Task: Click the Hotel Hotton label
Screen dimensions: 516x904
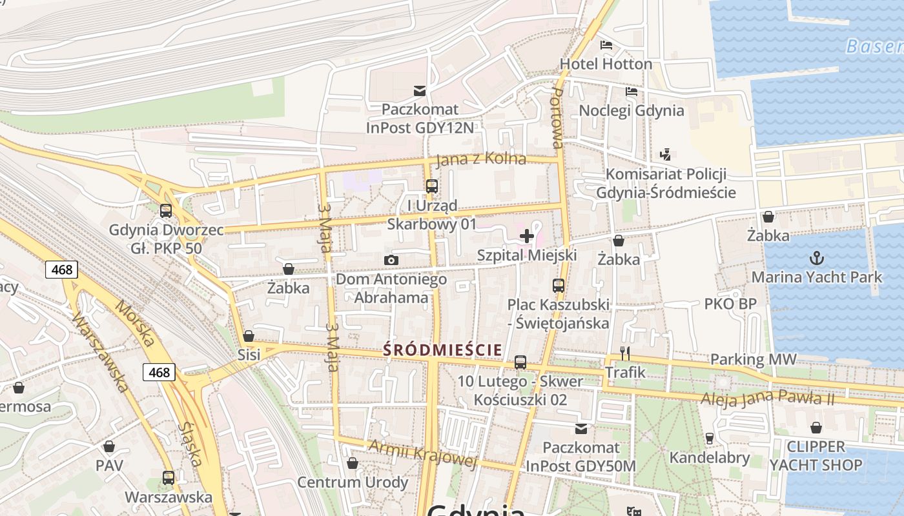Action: [606, 64]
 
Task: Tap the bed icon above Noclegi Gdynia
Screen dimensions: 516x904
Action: [632, 92]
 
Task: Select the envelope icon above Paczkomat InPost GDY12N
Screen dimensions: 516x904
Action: [420, 90]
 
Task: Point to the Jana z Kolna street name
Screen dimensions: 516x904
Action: [481, 159]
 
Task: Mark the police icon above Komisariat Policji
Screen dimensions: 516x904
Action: [665, 155]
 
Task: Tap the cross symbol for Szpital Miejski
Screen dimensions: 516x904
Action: [527, 236]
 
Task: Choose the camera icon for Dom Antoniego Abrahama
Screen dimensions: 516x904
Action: [391, 261]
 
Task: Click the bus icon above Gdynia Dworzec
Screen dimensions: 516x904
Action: [166, 210]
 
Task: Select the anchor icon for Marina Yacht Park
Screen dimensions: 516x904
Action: [817, 259]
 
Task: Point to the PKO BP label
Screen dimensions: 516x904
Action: [730, 303]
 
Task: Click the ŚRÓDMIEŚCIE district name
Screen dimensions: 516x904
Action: [442, 350]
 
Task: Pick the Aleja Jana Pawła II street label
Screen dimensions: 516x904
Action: [768, 399]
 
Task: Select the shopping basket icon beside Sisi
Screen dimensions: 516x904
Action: [249, 336]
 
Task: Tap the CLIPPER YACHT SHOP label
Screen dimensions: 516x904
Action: [816, 455]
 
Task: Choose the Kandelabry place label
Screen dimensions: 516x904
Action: [709, 458]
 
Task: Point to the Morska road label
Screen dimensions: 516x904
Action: [134, 323]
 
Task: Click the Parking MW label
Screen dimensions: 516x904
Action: [754, 359]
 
